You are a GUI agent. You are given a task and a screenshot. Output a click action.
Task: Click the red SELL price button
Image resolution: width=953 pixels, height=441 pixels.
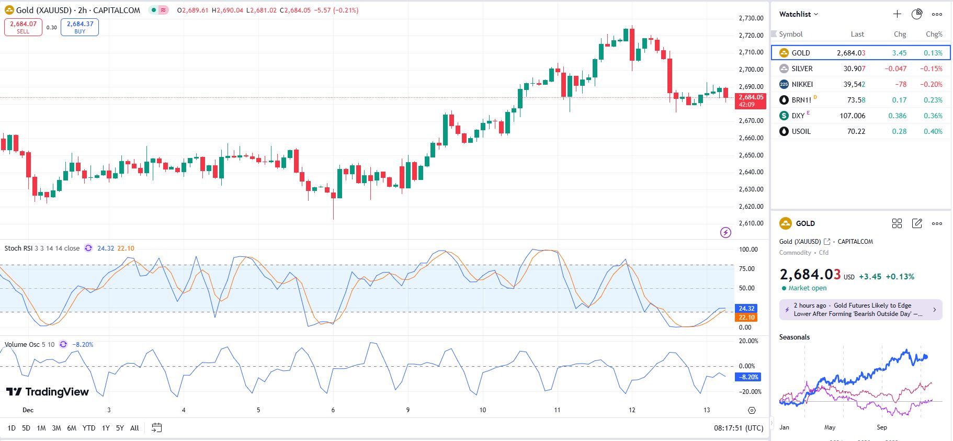pos(23,27)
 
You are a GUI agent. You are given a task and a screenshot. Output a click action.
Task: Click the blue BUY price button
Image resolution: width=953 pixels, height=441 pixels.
pos(80,27)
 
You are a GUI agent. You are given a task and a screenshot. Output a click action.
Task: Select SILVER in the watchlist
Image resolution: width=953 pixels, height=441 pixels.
pos(802,69)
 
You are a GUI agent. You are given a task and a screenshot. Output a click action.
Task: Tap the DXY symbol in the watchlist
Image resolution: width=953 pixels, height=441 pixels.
pos(798,116)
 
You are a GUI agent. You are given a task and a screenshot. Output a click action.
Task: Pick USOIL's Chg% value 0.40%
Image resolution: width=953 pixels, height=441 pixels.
pos(933,131)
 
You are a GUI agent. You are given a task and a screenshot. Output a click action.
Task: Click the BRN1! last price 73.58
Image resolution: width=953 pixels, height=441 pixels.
pos(856,100)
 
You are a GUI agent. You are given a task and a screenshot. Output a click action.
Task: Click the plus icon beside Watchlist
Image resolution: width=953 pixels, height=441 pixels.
pos(897,14)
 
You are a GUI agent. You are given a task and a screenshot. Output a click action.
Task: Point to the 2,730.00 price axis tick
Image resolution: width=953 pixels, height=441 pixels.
pos(751,18)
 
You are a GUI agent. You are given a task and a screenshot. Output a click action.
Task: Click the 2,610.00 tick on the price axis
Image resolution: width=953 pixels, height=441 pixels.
pos(751,223)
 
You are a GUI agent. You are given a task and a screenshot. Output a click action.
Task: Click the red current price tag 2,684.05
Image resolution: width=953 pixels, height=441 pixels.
pos(751,100)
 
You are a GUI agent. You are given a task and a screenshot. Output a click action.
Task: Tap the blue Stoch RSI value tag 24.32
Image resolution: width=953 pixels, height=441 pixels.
pos(746,309)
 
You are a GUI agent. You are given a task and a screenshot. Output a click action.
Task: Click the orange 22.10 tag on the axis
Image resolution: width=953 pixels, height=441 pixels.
pos(746,318)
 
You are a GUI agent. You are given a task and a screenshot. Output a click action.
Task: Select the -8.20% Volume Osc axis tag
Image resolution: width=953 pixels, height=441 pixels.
pos(748,377)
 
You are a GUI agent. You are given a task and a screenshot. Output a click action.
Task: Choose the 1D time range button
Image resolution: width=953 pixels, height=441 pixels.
pos(12,428)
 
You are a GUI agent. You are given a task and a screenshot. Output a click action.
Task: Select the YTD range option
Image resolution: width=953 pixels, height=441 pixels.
pos(89,428)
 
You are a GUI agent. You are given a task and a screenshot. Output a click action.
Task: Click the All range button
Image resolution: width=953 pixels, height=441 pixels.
pos(134,428)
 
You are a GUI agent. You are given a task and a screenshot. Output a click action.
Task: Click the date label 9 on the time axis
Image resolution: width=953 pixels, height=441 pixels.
pos(408,410)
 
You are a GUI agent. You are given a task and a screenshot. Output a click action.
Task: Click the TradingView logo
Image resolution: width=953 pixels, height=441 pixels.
pos(48,392)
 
